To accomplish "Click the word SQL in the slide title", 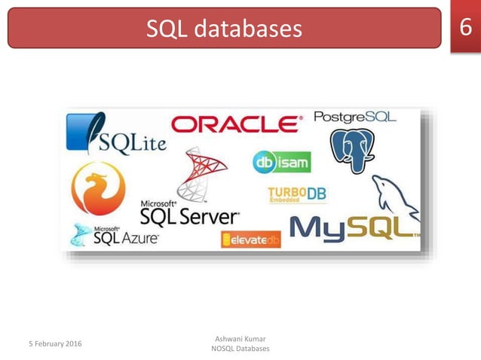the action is coord(166,29).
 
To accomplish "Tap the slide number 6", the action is coord(465,26).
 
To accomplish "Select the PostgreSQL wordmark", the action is coord(354,117).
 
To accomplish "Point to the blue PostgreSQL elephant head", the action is coord(352,149).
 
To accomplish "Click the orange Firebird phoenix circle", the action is coord(98,188).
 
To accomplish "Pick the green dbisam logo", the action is coord(281,162).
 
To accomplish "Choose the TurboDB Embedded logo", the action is coord(297,194).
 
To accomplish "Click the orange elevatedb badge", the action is coord(250,239).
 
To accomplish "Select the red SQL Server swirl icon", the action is coord(201,172).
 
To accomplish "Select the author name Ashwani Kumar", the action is coord(240,338).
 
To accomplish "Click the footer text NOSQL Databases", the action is coord(240,349).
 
